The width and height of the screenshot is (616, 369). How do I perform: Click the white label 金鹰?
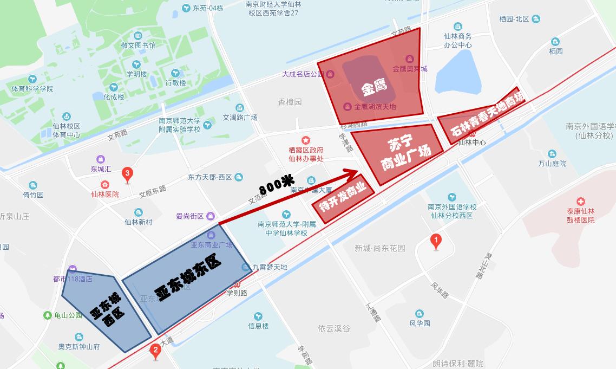[x=374, y=87]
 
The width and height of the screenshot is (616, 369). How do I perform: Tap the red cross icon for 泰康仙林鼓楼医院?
[x=581, y=202]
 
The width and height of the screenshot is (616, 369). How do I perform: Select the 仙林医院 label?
[x=104, y=194]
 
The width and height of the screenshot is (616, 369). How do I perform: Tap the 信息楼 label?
[x=258, y=326]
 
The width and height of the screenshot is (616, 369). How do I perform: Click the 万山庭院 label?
[x=552, y=163]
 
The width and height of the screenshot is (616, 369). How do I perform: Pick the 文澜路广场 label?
[x=240, y=117]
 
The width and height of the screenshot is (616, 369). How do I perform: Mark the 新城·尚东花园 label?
[x=380, y=248]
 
